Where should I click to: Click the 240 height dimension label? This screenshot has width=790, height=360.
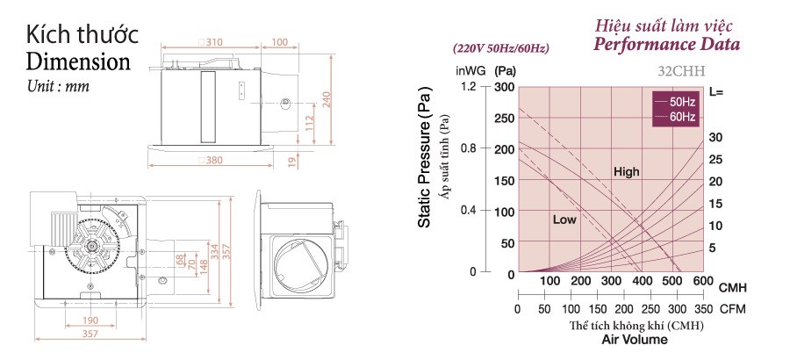pos(326,99)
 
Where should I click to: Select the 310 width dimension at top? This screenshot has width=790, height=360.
pos(211,42)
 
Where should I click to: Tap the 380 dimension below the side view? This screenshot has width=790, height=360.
pos(211,161)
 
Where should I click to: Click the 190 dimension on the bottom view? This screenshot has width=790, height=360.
pos(90,320)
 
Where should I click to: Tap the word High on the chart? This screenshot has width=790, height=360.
pos(626,172)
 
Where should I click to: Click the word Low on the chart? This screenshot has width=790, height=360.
pos(564,220)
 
